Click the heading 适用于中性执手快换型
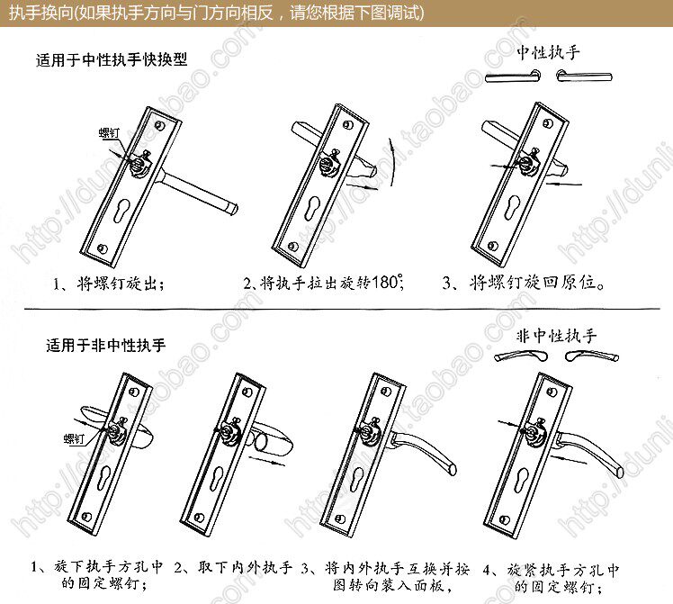pos(112,63)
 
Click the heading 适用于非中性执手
pos(105,345)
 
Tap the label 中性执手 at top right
pos(549,52)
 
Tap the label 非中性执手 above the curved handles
pos(557,337)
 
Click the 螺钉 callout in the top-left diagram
pos(109,133)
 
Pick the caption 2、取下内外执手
pos(233,569)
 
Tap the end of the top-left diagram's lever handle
pos(232,209)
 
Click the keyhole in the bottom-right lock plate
pos(528,480)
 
